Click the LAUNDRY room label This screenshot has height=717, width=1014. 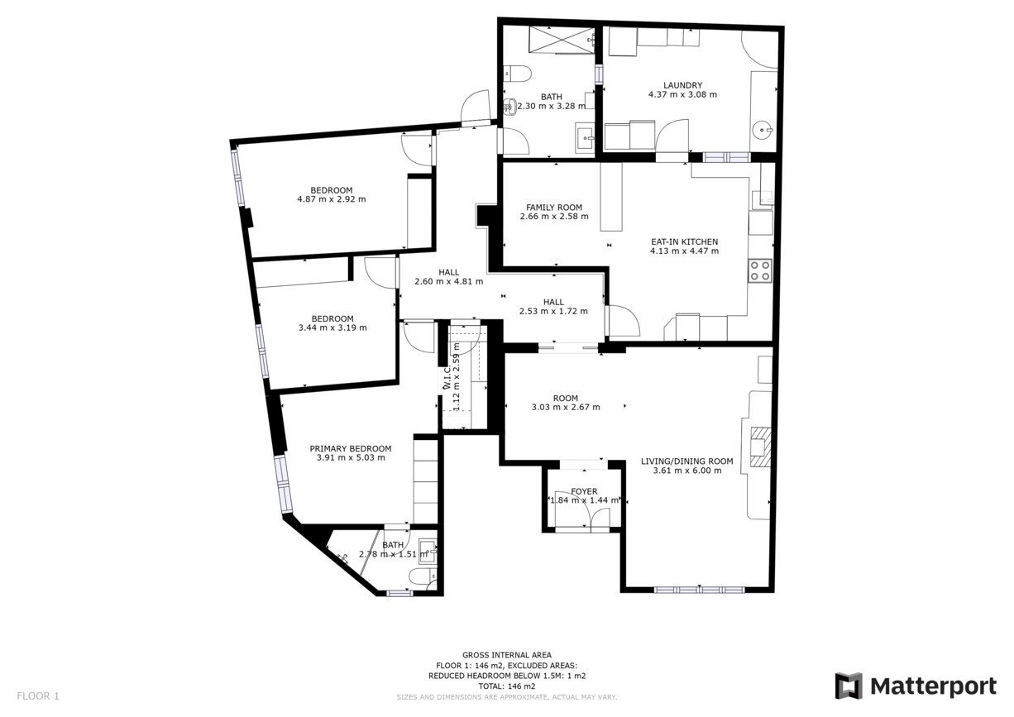(x=682, y=85)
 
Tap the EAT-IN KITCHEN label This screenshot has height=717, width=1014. (x=685, y=241)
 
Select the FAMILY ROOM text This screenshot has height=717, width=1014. (x=554, y=208)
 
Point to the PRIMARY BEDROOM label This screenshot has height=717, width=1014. (x=351, y=448)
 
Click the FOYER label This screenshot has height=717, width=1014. (x=584, y=491)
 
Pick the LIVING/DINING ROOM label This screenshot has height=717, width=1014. (x=687, y=461)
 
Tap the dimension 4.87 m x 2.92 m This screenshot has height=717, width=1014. (x=332, y=199)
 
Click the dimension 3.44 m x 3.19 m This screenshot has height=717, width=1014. (x=332, y=327)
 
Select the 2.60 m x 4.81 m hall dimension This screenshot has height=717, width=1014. (x=449, y=281)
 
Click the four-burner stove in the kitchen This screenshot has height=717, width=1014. (x=760, y=270)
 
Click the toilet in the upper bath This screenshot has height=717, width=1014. (x=518, y=74)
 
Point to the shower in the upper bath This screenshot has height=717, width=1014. (x=562, y=40)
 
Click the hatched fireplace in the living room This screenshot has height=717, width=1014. (x=761, y=447)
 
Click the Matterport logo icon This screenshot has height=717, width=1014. (x=849, y=686)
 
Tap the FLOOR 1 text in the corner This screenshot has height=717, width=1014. (x=38, y=696)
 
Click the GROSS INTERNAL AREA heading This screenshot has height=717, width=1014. (x=507, y=655)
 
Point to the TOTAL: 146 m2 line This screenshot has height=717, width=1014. (x=507, y=686)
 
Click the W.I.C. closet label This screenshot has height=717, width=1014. (x=447, y=377)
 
